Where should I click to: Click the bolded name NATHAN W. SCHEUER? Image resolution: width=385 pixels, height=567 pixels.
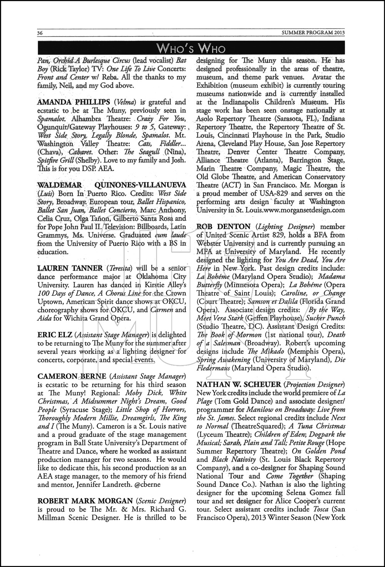pyautogui.click(x=238, y=385)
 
